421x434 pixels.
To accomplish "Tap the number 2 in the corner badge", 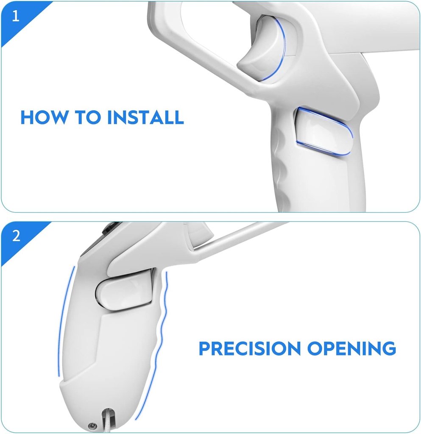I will click(x=16, y=236).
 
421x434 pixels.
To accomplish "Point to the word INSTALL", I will click(x=145, y=117).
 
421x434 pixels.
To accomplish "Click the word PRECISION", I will click(x=249, y=348).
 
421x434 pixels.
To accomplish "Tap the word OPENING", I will click(x=351, y=348).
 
